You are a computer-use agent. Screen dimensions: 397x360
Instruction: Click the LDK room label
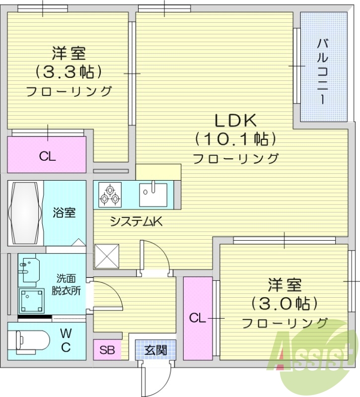235,121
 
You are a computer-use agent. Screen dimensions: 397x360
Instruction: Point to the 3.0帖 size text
284,302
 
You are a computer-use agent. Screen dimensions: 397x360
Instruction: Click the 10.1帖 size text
235,138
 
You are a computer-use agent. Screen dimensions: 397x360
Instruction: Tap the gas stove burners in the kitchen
109,194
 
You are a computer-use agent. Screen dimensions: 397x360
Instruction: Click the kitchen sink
153,194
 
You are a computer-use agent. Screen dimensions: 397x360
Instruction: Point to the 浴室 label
65,213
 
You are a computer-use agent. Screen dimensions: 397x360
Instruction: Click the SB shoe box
107,350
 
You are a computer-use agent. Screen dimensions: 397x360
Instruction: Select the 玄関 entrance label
155,350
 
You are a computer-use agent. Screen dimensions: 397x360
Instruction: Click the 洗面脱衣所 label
66,285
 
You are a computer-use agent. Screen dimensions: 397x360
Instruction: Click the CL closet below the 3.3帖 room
47,156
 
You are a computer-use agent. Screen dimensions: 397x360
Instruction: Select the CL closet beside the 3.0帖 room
197,318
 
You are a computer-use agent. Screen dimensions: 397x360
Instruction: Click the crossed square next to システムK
107,256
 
